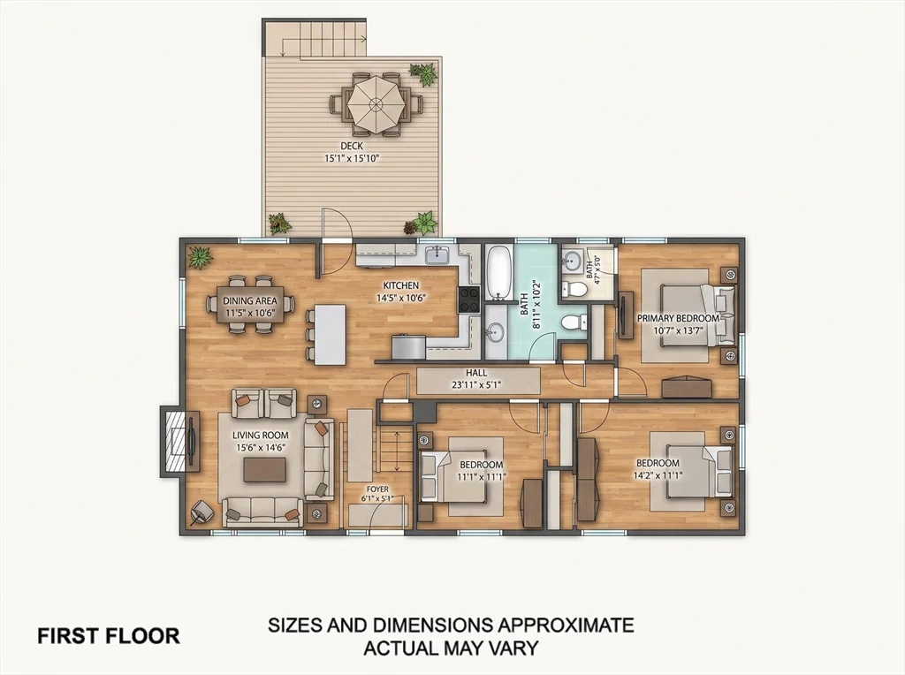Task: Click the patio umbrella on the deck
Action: tap(376, 104)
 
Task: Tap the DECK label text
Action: tap(352, 146)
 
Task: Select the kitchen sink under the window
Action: tap(438, 254)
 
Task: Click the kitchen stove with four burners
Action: tap(468, 300)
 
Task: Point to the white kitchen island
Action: tap(331, 335)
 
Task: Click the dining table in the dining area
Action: tap(250, 305)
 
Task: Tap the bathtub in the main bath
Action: tap(498, 273)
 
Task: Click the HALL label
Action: tap(476, 373)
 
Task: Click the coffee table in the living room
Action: tap(263, 469)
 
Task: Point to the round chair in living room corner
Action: tap(202, 512)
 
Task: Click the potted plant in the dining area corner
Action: tap(200, 257)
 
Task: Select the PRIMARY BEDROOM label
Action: tap(678, 318)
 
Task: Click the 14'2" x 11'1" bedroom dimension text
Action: tap(658, 475)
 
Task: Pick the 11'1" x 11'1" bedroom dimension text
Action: tap(482, 476)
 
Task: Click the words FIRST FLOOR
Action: tap(109, 636)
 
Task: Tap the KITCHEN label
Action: tap(401, 285)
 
